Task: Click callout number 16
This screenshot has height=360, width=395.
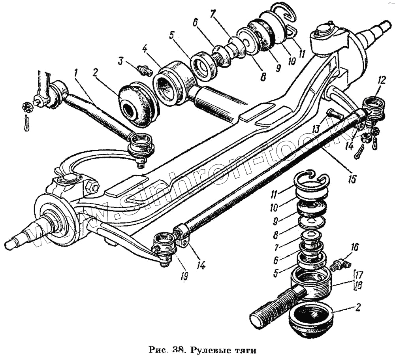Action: point(354,248)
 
